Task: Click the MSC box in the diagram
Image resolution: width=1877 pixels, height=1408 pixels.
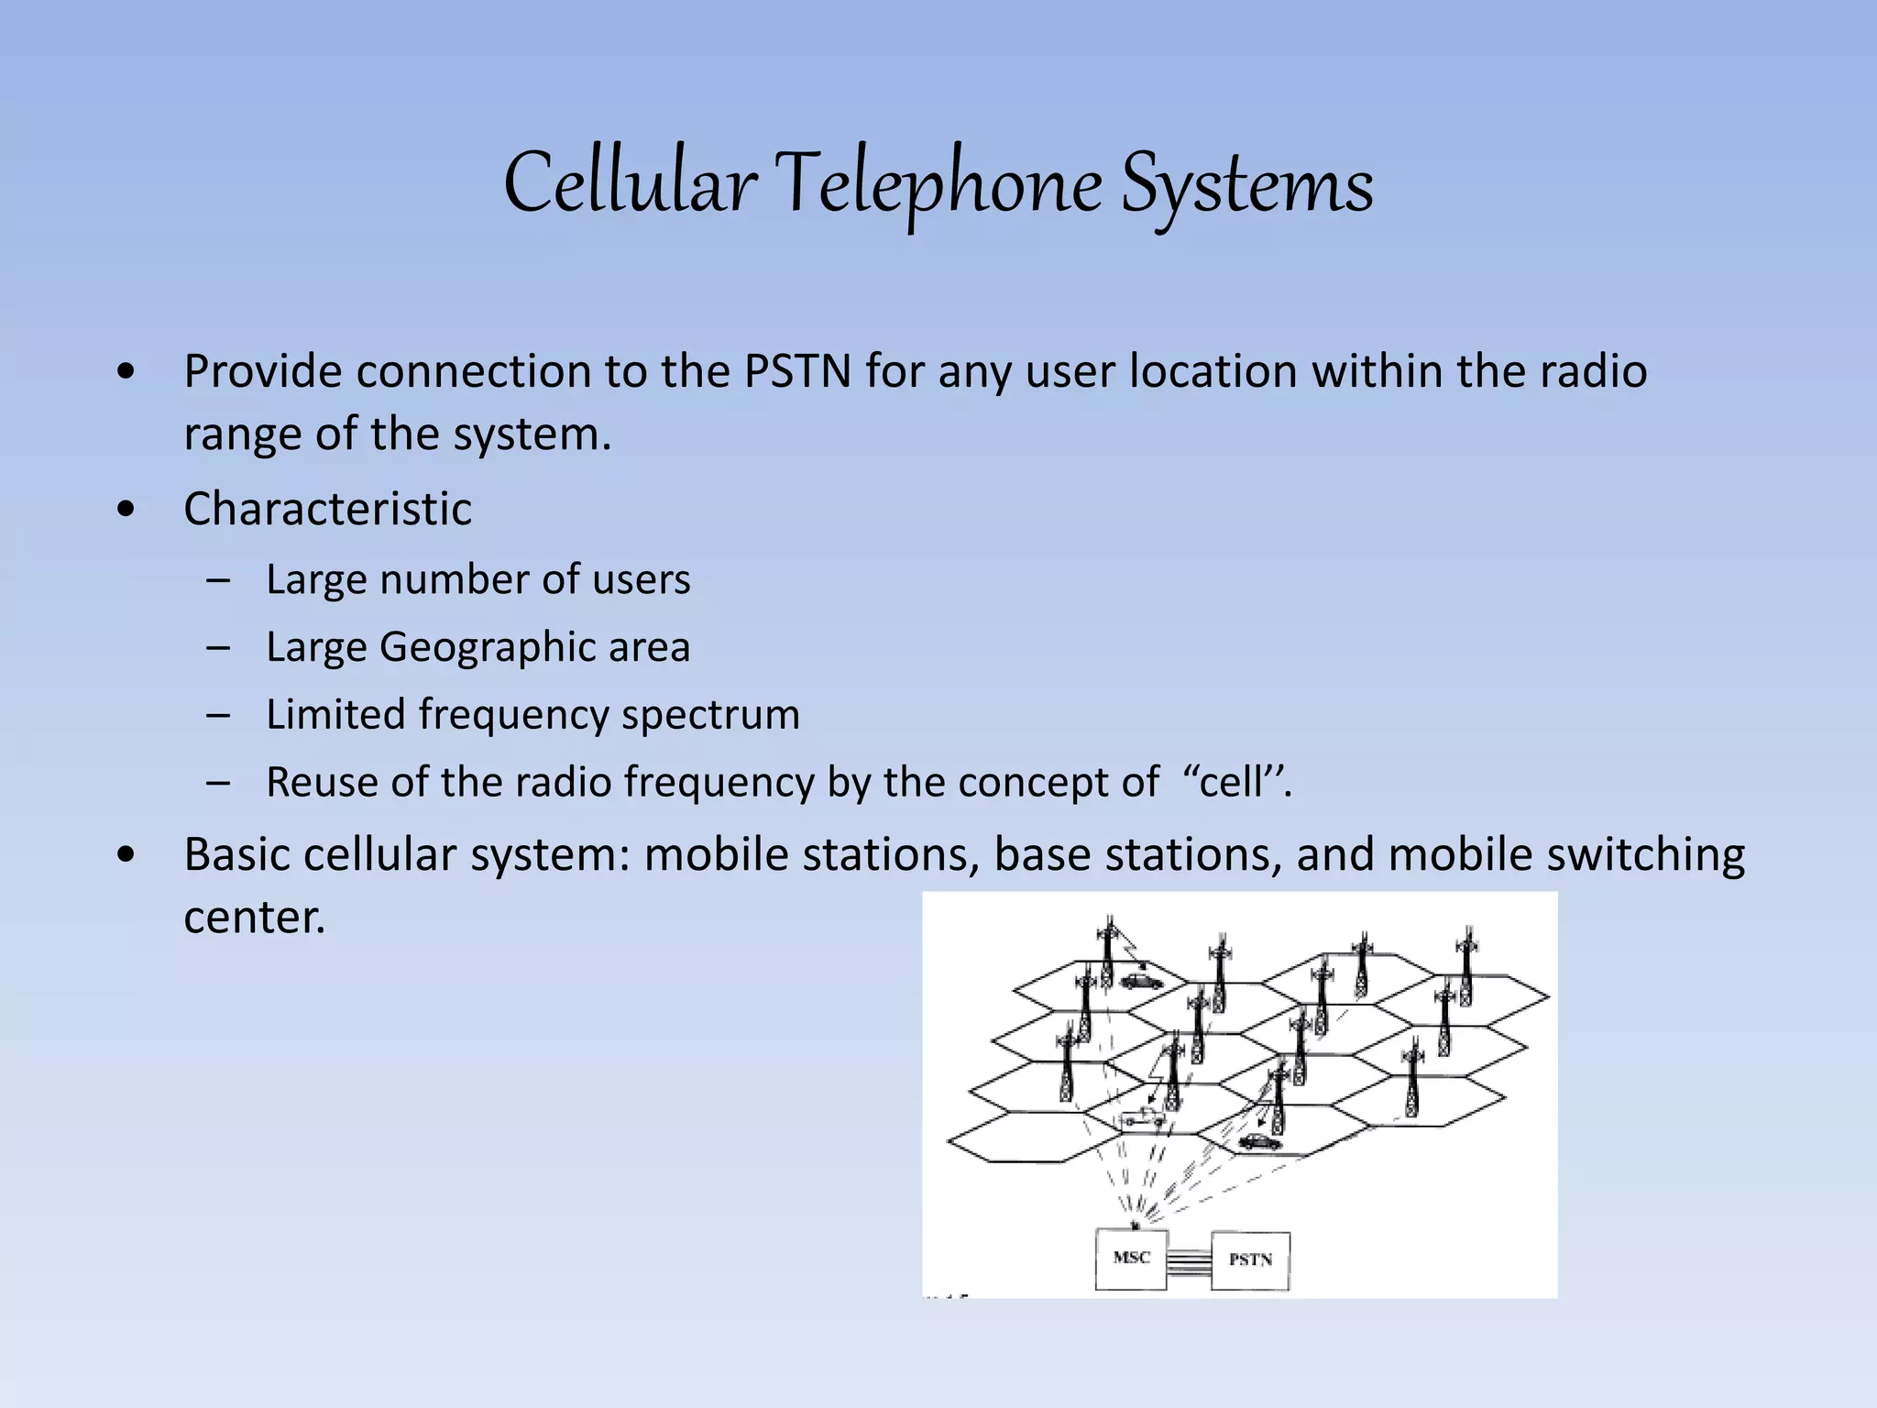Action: [1131, 1259]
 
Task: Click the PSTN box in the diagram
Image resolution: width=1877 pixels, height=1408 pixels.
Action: [1250, 1260]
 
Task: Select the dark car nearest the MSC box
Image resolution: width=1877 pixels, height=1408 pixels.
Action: [1259, 1142]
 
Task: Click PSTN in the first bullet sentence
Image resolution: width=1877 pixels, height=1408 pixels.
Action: [797, 371]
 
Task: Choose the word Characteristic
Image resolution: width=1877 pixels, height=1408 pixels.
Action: [327, 509]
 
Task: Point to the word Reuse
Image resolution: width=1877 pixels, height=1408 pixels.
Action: [322, 783]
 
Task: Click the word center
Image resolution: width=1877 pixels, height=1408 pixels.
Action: [254, 917]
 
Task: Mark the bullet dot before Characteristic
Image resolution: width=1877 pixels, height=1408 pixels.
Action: [126, 510]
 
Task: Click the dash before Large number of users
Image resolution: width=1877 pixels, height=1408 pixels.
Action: [218, 580]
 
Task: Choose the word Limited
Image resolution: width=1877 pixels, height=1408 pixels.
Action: [335, 715]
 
